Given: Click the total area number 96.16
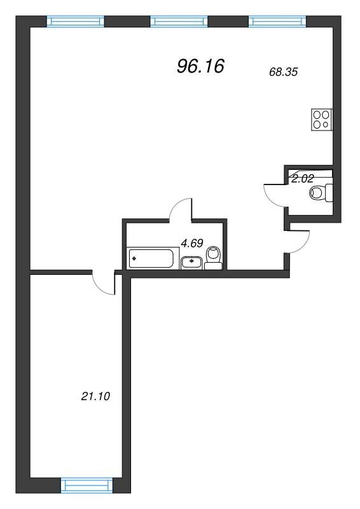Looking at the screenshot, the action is (200, 66).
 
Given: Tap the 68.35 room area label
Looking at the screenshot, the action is (284, 72).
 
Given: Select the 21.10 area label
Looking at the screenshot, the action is (95, 396).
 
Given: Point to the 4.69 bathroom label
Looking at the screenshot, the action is (192, 243).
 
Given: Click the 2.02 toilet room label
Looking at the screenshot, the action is (303, 179).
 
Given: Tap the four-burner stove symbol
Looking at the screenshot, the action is (322, 120).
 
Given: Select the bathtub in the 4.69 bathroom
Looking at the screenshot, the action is (151, 258).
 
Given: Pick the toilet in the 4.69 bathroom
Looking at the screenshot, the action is (214, 258).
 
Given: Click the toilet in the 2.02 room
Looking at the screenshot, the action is (321, 193).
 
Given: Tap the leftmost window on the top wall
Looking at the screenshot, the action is (76, 22).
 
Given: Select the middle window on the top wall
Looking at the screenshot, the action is (179, 22).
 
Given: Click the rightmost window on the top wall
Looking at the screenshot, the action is (277, 22).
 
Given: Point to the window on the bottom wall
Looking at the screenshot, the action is (87, 485).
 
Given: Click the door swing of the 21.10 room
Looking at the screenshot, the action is (99, 288).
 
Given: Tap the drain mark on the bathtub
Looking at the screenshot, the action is (134, 259).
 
